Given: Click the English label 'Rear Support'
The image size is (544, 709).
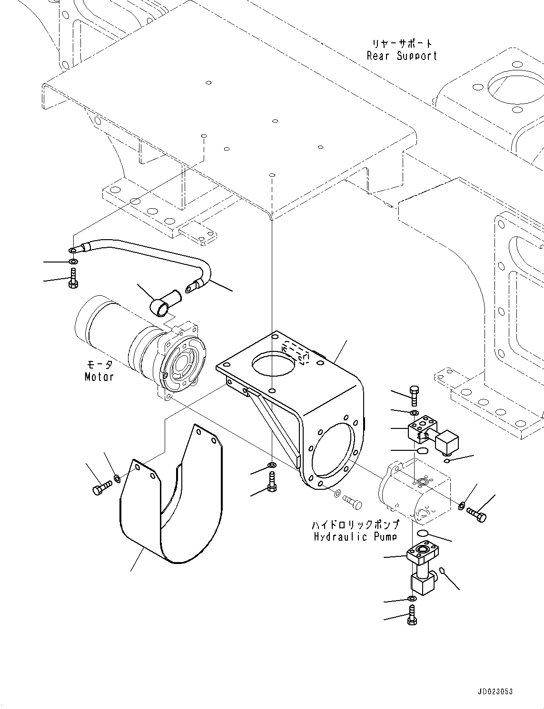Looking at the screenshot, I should (402, 56).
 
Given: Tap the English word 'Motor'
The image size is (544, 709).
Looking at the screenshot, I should (99, 377).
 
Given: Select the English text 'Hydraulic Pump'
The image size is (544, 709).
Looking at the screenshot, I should (355, 537).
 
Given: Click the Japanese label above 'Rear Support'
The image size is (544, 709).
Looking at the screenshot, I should (402, 44).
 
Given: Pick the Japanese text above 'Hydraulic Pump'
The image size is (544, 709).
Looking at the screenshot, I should (355, 525).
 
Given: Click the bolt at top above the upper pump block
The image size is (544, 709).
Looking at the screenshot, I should (413, 392).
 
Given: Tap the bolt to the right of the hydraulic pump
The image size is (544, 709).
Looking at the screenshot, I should (476, 514).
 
